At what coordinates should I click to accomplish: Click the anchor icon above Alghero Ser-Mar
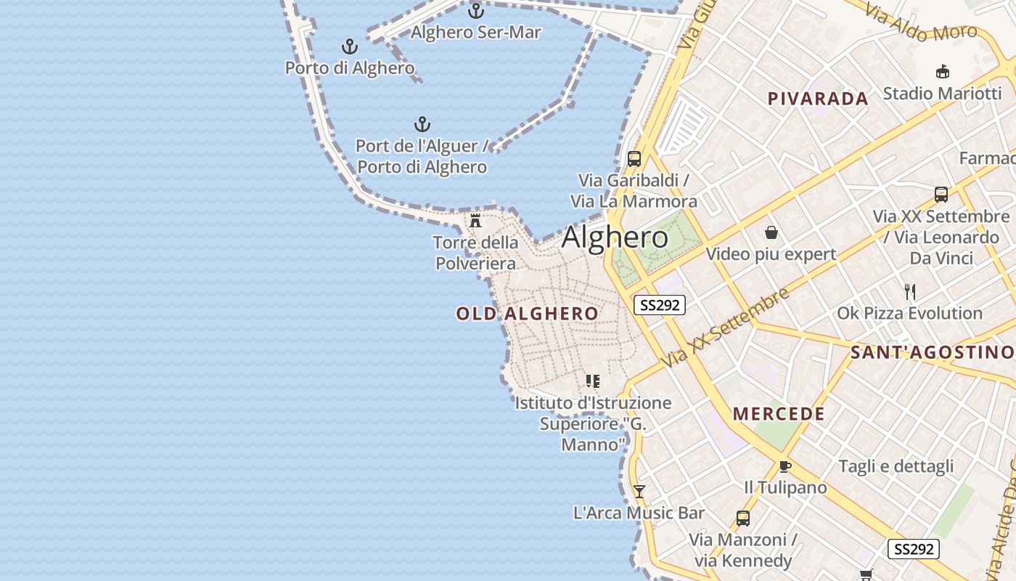[x=476, y=11]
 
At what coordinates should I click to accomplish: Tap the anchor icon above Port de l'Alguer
[x=422, y=124]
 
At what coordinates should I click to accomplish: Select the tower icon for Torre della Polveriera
[x=476, y=221]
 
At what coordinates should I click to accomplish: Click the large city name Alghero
[x=615, y=237]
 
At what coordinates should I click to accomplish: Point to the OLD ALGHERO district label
[x=528, y=314]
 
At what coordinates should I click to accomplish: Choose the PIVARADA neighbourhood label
[x=818, y=99]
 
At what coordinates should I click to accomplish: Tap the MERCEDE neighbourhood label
[x=779, y=414]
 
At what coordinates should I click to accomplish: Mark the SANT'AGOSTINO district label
[x=932, y=353]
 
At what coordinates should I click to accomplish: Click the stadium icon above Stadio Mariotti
[x=943, y=71]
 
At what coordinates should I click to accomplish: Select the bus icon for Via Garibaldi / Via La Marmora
[x=634, y=159]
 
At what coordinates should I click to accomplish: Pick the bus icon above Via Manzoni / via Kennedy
[x=743, y=519]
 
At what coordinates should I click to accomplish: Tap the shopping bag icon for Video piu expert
[x=771, y=232]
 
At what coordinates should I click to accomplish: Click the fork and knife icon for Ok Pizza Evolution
[x=910, y=292]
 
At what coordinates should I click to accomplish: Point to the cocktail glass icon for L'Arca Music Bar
[x=639, y=492]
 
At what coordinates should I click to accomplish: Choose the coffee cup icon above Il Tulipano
[x=784, y=466]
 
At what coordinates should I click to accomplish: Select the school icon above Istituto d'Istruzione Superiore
[x=593, y=381]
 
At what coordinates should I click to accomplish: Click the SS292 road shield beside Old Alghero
[x=660, y=305]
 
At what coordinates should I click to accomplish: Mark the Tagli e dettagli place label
[x=896, y=466]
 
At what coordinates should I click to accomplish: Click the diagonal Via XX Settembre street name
[x=725, y=328]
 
